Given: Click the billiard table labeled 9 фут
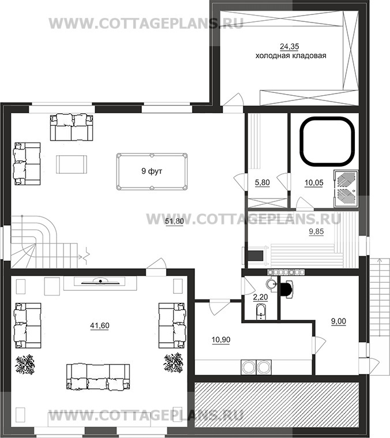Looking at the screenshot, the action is (152, 171).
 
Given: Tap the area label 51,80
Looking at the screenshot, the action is (174, 222).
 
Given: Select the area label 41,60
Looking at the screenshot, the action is (100, 325).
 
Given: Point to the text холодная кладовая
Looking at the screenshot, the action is (291, 55).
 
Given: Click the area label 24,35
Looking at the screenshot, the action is (290, 47).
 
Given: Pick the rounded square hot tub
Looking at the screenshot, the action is (327, 141).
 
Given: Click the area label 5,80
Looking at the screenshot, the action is (262, 183).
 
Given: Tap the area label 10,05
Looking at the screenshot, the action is (314, 183).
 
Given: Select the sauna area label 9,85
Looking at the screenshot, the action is (316, 231).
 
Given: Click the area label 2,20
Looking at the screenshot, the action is (260, 297).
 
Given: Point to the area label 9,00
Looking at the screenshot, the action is (338, 321).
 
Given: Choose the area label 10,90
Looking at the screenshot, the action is (221, 340).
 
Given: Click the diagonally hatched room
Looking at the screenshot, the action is (276, 408).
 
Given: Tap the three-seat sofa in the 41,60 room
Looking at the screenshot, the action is (98, 377).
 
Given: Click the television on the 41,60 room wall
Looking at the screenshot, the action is (100, 282).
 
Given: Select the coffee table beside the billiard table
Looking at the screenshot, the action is (72, 164).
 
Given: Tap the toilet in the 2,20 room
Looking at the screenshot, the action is (261, 312).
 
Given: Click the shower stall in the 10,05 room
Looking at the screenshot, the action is (346, 189).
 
